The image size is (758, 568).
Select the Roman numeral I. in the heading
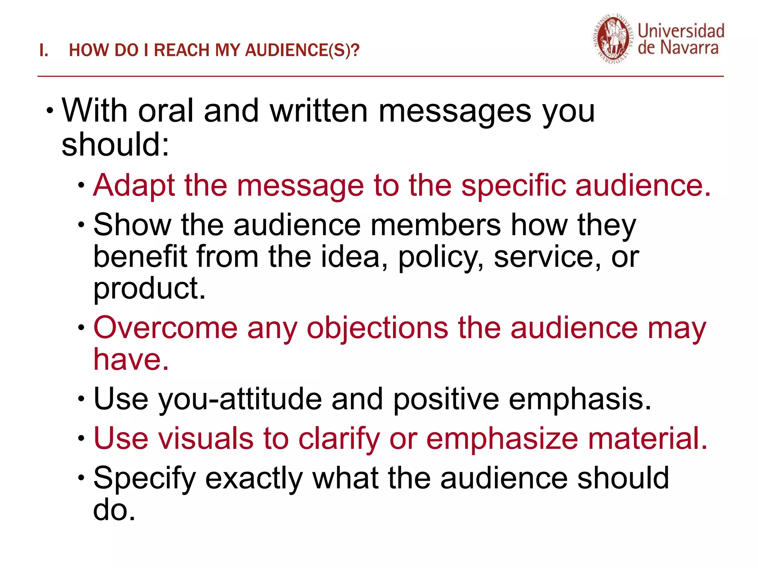(44, 50)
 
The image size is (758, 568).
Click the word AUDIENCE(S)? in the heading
(302, 50)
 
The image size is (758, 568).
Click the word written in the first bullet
(319, 111)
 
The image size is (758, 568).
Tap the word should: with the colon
(115, 145)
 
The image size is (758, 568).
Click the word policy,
(440, 257)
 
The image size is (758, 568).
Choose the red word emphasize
(502, 439)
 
